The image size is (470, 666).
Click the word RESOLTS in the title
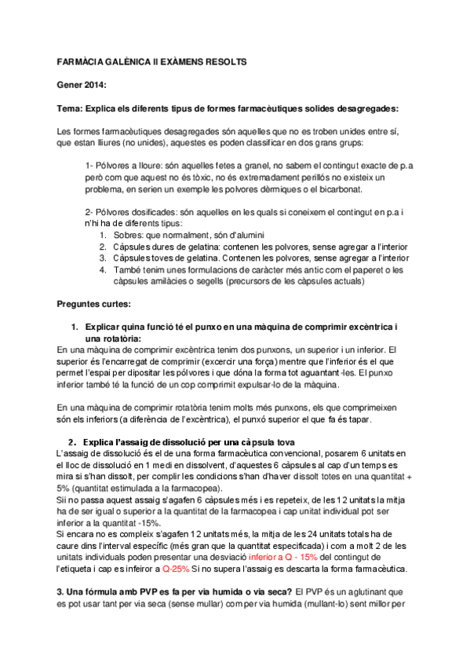[225, 60]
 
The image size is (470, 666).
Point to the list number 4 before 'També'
[104, 269]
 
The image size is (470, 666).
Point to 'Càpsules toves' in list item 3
[143, 258]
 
